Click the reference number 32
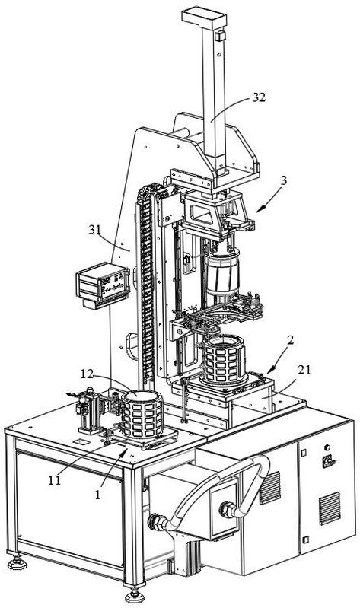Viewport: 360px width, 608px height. pyautogui.click(x=259, y=97)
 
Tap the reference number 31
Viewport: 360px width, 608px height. pyautogui.click(x=94, y=231)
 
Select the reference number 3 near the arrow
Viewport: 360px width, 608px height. pyautogui.click(x=284, y=180)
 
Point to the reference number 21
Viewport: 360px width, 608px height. pyautogui.click(x=304, y=370)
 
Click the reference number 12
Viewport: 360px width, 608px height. pyautogui.click(x=88, y=374)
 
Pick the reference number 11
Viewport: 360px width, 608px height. pyautogui.click(x=54, y=480)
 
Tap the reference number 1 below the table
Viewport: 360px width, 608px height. pyautogui.click(x=97, y=495)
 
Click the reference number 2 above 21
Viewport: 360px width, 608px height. pyautogui.click(x=290, y=340)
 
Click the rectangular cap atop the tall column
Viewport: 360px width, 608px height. pyautogui.click(x=204, y=18)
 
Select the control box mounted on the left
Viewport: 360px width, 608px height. pyautogui.click(x=103, y=285)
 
